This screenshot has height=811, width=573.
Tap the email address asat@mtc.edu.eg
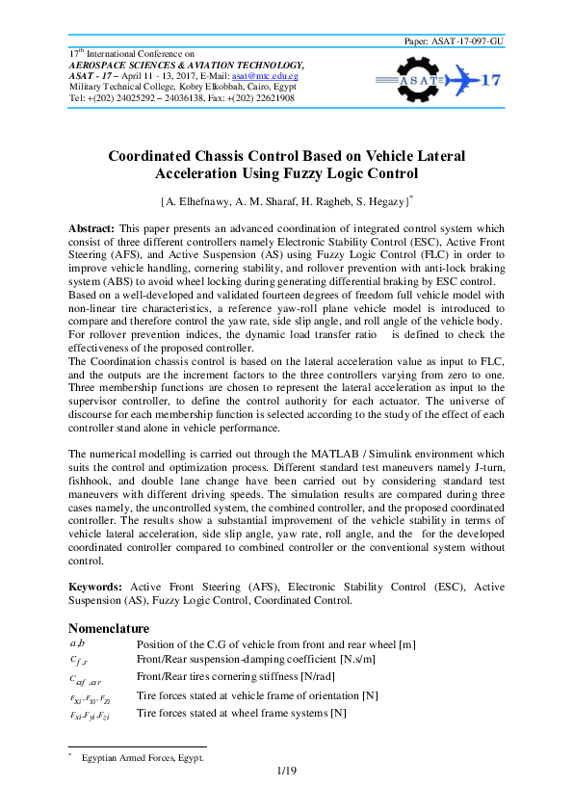(290, 74)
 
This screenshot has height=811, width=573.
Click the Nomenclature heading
(112, 627)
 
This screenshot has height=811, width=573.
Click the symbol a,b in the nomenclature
(78, 642)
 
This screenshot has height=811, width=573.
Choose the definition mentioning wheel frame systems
(241, 714)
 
